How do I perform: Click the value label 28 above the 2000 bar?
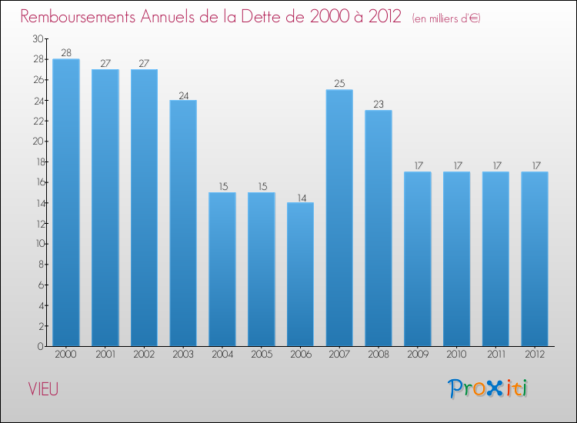pos(66,52)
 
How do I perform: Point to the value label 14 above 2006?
pos(300,196)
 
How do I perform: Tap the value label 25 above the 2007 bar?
pos(339,83)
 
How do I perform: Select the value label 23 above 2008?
pos(379,104)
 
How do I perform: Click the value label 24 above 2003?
pos(183,94)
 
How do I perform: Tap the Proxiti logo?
pos(488,388)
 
